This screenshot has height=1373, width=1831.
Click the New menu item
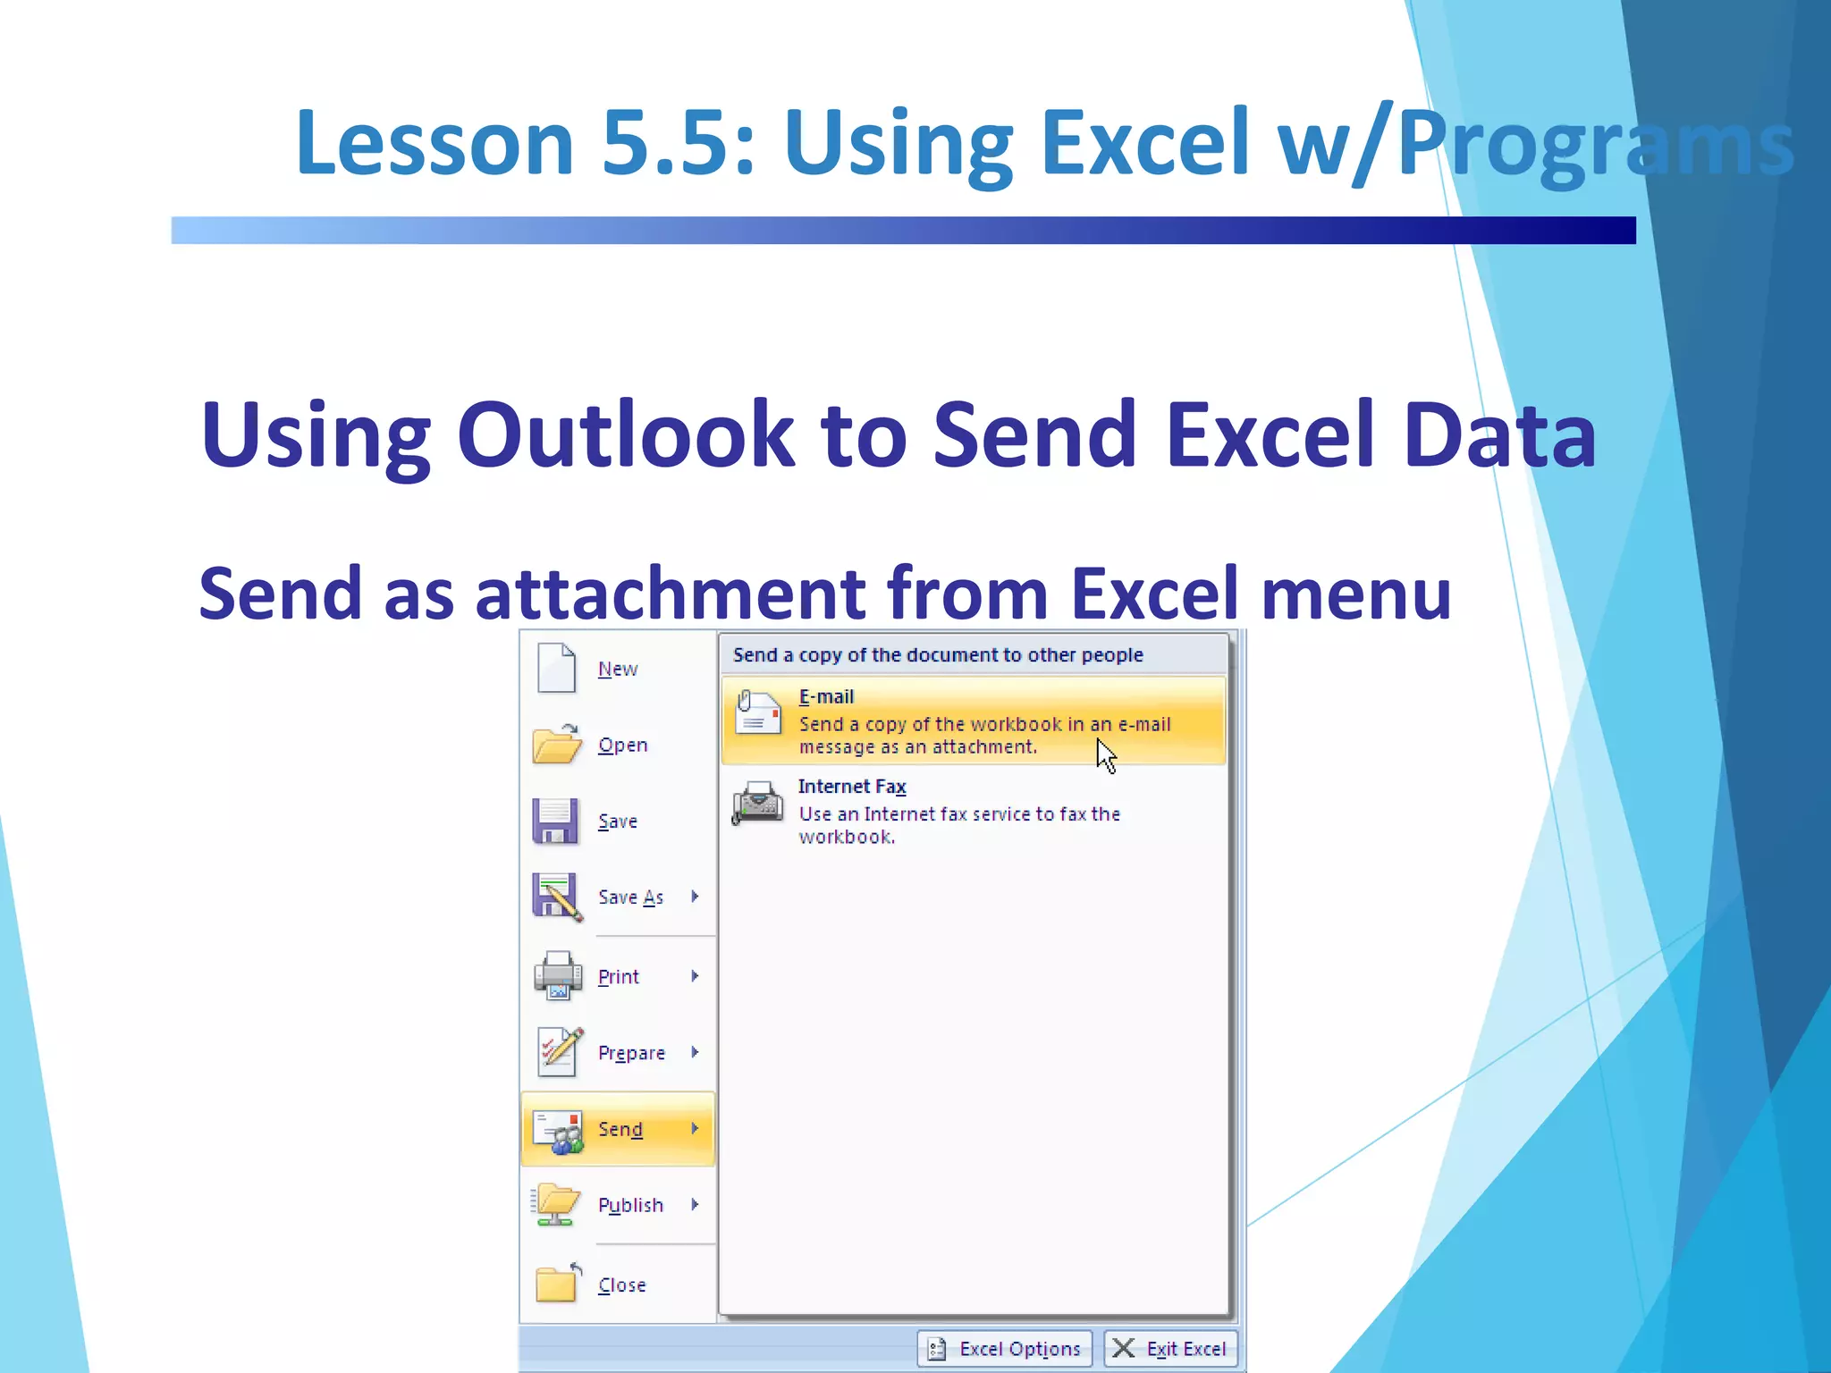617,669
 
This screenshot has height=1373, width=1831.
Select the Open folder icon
557,744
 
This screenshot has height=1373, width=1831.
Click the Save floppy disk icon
555,821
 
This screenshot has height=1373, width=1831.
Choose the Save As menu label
630,897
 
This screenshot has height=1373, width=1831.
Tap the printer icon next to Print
558,975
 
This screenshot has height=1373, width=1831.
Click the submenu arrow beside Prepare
695,1052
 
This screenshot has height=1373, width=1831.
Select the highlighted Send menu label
620,1129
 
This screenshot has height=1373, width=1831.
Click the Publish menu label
630,1205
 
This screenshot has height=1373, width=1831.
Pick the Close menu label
621,1285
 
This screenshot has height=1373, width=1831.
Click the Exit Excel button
1171,1348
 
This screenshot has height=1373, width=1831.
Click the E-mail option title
826,696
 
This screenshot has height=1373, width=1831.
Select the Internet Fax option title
851,786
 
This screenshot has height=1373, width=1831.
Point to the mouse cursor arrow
1105,754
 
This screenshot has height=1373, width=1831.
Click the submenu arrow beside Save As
695,896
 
